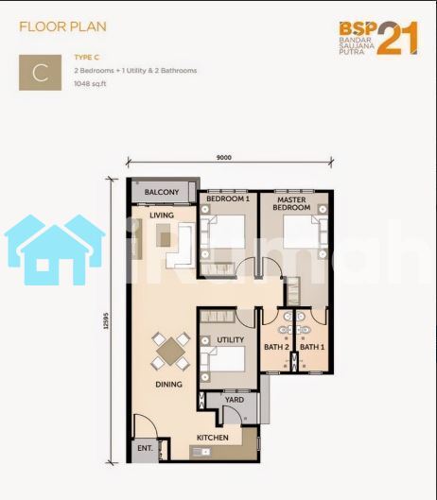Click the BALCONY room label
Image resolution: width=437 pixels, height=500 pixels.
click(x=162, y=192)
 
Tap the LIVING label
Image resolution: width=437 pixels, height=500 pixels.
click(x=162, y=216)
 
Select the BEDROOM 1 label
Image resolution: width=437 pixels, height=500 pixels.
click(x=228, y=199)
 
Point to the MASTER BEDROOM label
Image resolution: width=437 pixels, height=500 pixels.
click(x=291, y=203)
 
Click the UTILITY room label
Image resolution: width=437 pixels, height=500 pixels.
click(x=230, y=340)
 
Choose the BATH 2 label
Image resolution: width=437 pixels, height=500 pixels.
click(x=276, y=347)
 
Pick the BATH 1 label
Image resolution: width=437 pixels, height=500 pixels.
click(x=312, y=347)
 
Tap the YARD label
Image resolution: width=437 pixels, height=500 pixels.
click(x=235, y=400)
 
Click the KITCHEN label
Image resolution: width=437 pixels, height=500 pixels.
click(x=213, y=438)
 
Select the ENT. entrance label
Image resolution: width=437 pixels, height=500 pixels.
click(x=145, y=448)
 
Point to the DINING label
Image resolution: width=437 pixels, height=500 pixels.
click(x=168, y=385)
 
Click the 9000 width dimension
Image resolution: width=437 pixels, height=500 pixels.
click(x=224, y=157)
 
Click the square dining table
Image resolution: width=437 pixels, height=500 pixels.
click(x=171, y=352)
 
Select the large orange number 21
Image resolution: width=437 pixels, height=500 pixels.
click(x=397, y=38)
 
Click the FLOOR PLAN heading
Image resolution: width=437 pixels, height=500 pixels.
click(x=62, y=26)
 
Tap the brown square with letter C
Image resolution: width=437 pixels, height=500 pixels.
click(x=41, y=73)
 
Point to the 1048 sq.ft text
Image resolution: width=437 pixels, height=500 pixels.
click(x=90, y=84)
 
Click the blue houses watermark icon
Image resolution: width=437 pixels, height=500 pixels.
click(x=55, y=250)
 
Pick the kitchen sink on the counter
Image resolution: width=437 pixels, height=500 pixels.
click(x=202, y=452)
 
